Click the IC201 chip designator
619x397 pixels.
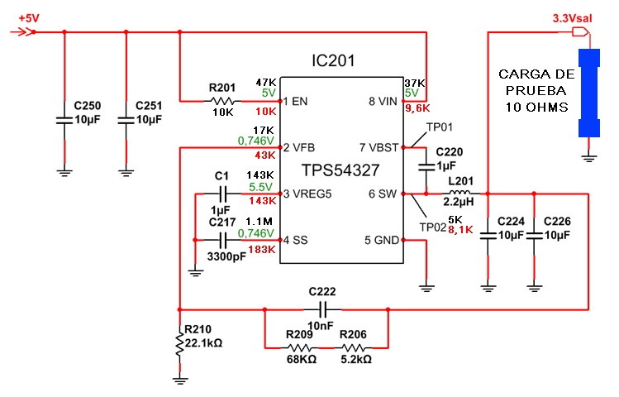point(340,62)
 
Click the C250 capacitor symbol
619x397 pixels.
point(64,120)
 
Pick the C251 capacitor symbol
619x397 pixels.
point(126,120)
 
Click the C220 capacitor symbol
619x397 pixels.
point(426,165)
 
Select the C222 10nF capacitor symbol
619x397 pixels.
point(325,309)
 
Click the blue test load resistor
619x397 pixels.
point(588,93)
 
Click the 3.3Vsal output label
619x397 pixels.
point(569,17)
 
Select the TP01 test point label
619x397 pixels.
point(439,127)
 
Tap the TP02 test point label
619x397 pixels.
point(432,227)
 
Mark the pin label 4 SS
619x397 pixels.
point(295,240)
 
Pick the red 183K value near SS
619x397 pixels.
point(260,249)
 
